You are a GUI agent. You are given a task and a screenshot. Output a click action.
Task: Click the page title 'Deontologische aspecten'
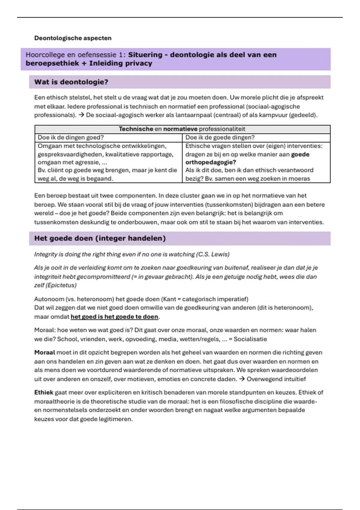(x=73, y=38)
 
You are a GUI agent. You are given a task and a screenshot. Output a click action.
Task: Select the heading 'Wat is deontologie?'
(x=71, y=82)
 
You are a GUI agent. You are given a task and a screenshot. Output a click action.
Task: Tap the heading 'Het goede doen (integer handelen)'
(x=100, y=238)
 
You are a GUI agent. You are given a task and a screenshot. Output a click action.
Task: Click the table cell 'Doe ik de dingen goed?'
(x=70, y=137)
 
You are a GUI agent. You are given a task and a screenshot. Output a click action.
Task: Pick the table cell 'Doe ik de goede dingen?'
(x=220, y=137)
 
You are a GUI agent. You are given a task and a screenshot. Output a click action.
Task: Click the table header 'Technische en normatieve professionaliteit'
(x=182, y=129)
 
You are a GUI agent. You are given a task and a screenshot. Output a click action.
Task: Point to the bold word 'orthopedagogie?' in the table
(x=211, y=162)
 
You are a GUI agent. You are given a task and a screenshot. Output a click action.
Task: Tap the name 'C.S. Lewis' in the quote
(x=212, y=254)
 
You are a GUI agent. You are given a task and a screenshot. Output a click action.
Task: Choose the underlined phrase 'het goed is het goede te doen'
(x=114, y=317)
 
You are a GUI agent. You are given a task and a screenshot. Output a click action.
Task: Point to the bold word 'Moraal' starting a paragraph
(x=45, y=352)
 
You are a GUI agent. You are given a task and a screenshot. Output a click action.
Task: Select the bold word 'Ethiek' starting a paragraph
(x=44, y=392)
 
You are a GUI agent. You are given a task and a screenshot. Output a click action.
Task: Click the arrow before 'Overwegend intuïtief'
(x=242, y=379)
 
